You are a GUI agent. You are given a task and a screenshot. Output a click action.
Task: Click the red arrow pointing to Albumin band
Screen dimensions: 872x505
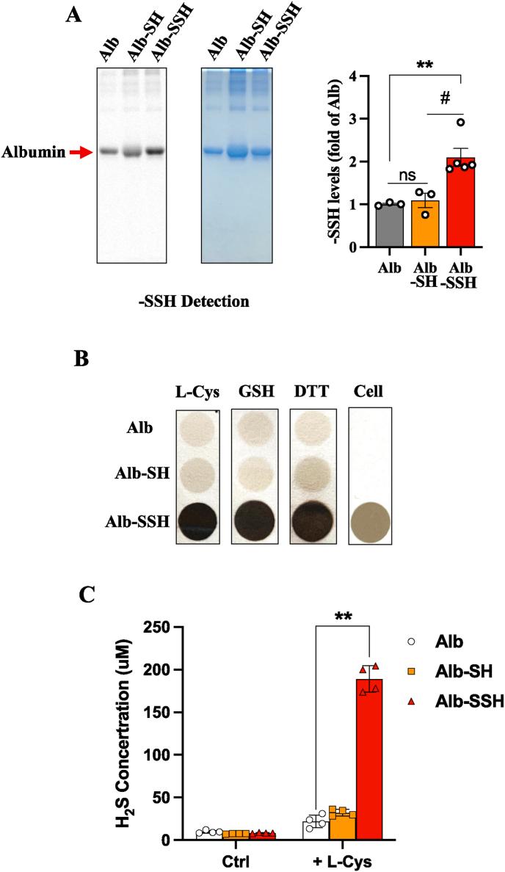pos(81,152)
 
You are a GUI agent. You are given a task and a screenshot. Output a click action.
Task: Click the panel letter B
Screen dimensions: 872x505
pos(85,359)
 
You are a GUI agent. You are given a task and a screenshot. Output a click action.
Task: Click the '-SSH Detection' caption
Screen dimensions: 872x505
pos(190,301)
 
